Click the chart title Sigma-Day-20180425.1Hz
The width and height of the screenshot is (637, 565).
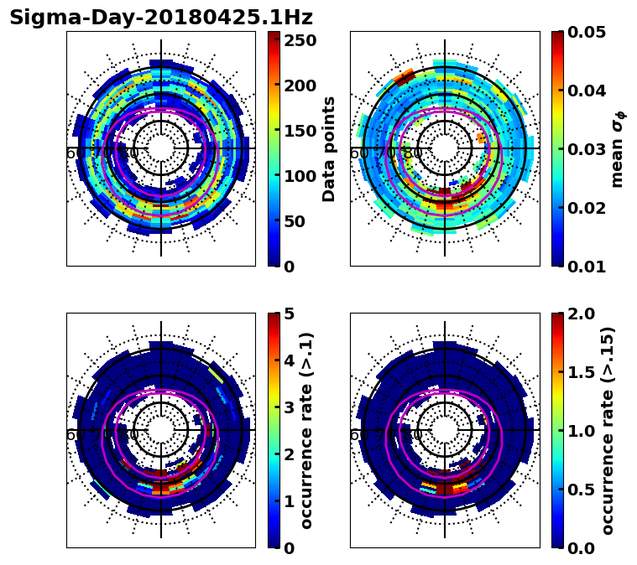[160, 18]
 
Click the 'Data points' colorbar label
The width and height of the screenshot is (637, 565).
[329, 148]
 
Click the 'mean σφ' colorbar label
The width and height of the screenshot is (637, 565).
[618, 148]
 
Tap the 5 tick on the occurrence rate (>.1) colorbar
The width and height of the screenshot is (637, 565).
[288, 314]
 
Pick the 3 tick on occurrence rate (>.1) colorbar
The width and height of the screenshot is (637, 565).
[288, 407]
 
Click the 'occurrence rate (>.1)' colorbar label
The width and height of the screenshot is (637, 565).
[307, 430]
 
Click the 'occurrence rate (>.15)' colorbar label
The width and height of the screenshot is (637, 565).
[608, 430]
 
